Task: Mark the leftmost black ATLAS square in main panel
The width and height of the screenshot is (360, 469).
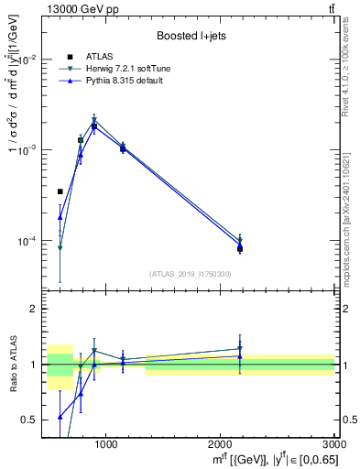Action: pos(60,191)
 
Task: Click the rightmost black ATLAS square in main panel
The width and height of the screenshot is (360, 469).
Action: pos(240,248)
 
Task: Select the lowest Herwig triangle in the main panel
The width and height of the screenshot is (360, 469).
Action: pos(60,248)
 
